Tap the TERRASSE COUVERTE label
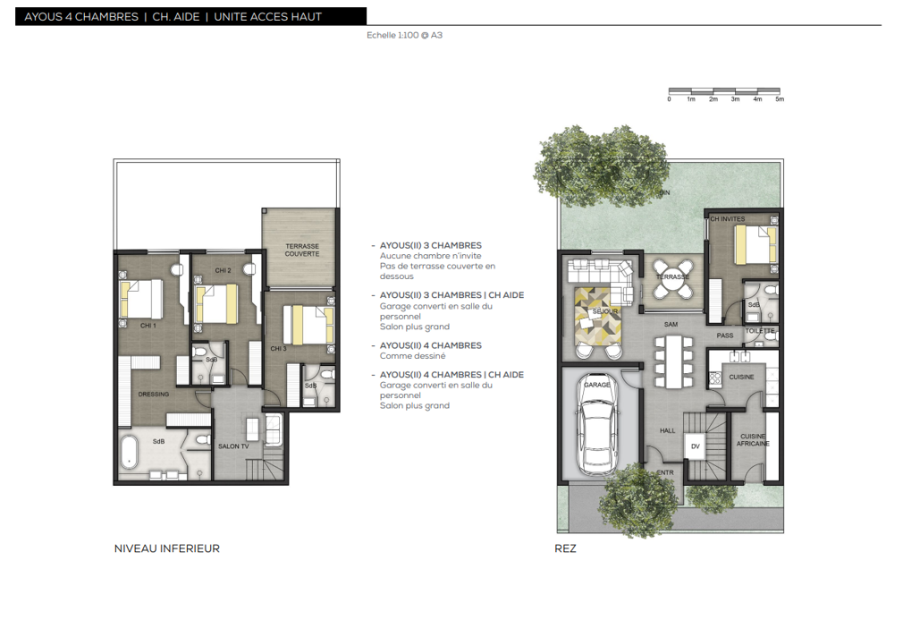coord(302,250)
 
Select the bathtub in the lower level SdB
coord(129,452)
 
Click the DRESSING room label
coord(153,395)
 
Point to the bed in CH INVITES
coord(755,245)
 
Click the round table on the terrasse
coord(671,278)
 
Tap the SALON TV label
coord(233,446)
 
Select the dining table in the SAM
coord(672,361)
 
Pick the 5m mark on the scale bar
coord(780,99)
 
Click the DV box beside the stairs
coord(695,446)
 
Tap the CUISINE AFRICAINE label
coord(753,440)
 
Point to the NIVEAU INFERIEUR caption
coord(167,548)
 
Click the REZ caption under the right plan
coord(565,548)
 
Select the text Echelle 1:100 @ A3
coord(404,35)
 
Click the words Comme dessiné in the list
coord(412,356)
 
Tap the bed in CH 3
coord(308,325)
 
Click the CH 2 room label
coord(223,270)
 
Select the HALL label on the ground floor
coord(668,430)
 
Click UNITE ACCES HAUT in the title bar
coord(268,17)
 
